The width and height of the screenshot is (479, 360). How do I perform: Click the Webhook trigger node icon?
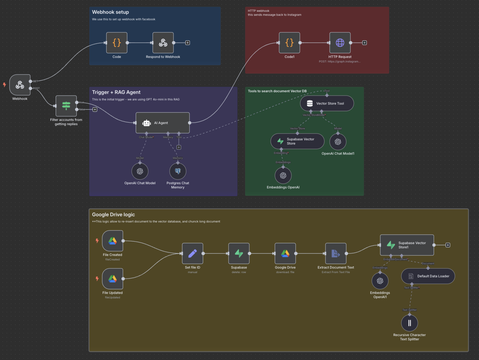[x=20, y=85]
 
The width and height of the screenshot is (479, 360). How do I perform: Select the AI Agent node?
[x=162, y=123]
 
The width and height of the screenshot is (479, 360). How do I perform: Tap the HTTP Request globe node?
[x=340, y=43]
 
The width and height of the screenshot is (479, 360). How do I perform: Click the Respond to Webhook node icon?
[x=163, y=43]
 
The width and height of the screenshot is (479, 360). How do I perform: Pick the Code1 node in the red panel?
[x=289, y=43]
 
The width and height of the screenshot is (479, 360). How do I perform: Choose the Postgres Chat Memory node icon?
[x=178, y=171]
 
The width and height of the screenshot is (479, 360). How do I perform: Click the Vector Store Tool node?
[x=327, y=103]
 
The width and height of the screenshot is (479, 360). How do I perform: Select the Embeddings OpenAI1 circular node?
[x=380, y=281]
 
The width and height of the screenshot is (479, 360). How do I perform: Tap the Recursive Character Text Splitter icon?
[x=409, y=323]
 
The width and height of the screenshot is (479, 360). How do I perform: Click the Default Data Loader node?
[x=428, y=276]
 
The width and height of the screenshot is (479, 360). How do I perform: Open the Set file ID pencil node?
[x=192, y=254]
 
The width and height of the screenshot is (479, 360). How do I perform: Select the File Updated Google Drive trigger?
[x=112, y=279]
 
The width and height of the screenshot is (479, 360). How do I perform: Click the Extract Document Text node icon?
[x=336, y=254]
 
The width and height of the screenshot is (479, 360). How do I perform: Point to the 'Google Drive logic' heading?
[x=113, y=215]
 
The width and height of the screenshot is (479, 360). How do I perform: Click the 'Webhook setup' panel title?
[x=110, y=12]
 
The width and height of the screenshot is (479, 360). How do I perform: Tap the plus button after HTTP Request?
[x=364, y=43]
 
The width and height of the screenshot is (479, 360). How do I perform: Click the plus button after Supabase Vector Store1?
[x=448, y=245]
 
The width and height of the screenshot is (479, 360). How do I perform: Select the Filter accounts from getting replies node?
[x=66, y=106]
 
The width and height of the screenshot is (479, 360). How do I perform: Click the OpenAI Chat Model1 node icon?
[x=338, y=142]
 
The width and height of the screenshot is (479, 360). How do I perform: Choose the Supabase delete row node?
[x=239, y=254]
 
